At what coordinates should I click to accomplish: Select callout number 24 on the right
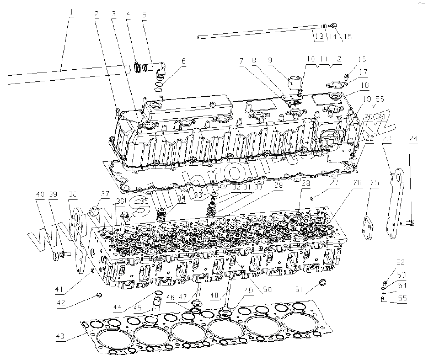click(x=413, y=138)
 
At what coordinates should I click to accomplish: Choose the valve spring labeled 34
click(x=162, y=214)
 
